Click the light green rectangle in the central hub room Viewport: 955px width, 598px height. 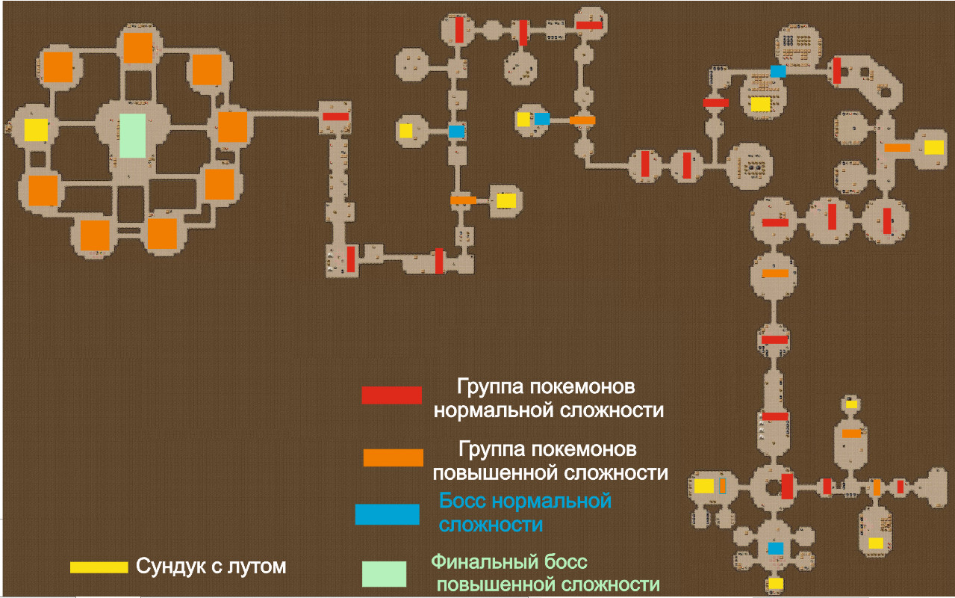click(133, 135)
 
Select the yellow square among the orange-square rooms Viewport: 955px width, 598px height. click(36, 130)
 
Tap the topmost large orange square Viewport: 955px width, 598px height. click(137, 48)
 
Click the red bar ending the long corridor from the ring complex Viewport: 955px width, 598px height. click(335, 116)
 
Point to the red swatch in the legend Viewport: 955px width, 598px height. click(391, 395)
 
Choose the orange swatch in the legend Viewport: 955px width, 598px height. click(393, 457)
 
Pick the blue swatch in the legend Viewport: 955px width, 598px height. click(387, 514)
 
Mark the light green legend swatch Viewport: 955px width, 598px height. click(384, 573)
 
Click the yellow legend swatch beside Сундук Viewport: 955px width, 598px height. click(99, 567)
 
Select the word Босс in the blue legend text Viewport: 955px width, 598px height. click(463, 500)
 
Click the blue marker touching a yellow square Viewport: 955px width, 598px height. click(542, 119)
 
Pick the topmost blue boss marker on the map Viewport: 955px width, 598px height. click(778, 71)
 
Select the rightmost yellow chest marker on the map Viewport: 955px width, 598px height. click(933, 147)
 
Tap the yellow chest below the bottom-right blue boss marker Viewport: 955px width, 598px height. click(776, 583)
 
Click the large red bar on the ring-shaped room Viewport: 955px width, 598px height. click(787, 486)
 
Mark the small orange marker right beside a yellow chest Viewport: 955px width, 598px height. click(723, 486)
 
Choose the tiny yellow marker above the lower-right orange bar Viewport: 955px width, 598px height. click(851, 404)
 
